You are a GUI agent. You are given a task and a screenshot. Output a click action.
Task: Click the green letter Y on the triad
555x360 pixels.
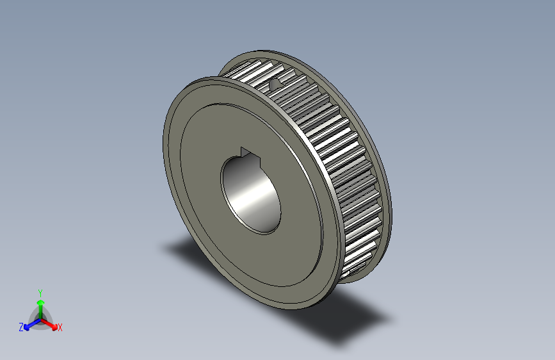pyautogui.click(x=40, y=291)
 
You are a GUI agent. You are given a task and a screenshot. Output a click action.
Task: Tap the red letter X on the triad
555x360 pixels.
pyautogui.click(x=60, y=328)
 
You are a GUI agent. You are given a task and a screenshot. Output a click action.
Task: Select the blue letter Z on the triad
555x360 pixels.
pyautogui.click(x=21, y=327)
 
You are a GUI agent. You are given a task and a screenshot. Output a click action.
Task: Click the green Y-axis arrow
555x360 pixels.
pyautogui.click(x=40, y=304)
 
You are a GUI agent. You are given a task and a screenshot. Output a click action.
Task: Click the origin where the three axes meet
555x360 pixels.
pyautogui.click(x=40, y=318)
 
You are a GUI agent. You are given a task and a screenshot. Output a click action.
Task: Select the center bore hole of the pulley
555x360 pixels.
pyautogui.click(x=251, y=192)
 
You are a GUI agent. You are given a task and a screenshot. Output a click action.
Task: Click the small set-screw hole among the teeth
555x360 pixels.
pyautogui.click(x=275, y=83)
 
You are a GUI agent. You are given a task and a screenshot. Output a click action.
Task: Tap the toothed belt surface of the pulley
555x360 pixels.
pyautogui.click(x=333, y=147)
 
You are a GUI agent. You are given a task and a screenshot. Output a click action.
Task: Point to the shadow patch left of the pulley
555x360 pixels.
pyautogui.click(x=182, y=247)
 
